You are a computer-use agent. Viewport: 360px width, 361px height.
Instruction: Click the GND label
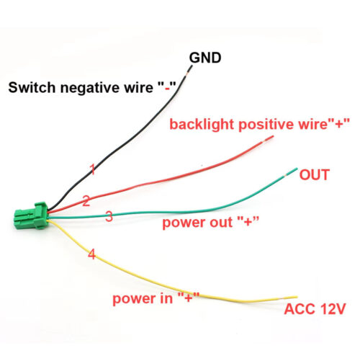205,58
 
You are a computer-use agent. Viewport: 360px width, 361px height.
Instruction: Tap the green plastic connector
31,215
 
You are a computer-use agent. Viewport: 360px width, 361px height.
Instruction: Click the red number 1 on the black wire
92,169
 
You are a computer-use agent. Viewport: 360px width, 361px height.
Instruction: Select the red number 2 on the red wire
86,201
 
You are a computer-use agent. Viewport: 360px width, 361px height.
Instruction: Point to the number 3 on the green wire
109,216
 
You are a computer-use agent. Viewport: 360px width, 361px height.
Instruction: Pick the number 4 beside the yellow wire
91,254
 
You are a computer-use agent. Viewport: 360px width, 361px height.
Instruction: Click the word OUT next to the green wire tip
314,175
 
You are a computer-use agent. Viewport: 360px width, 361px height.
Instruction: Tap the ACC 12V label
315,309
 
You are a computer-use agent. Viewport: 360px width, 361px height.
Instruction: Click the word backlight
202,125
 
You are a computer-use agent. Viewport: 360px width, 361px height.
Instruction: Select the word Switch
32,87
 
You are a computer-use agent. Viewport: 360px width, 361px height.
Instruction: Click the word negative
91,88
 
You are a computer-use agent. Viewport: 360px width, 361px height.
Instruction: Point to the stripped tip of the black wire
189,71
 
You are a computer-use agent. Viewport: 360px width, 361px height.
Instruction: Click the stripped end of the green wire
291,172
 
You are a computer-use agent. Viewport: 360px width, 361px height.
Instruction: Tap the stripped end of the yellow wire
290,298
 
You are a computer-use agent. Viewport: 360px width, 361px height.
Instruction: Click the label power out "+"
211,223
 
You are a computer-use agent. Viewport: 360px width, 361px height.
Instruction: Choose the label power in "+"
156,298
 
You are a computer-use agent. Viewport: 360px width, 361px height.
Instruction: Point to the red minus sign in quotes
167,88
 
